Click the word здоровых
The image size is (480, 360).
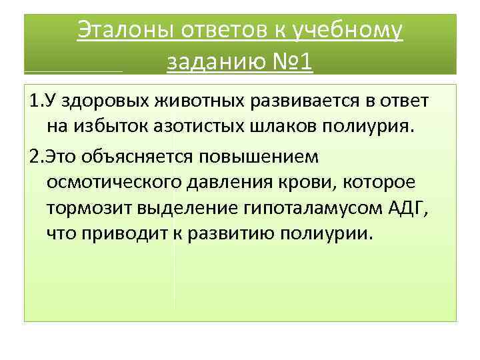tap(97, 102)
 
